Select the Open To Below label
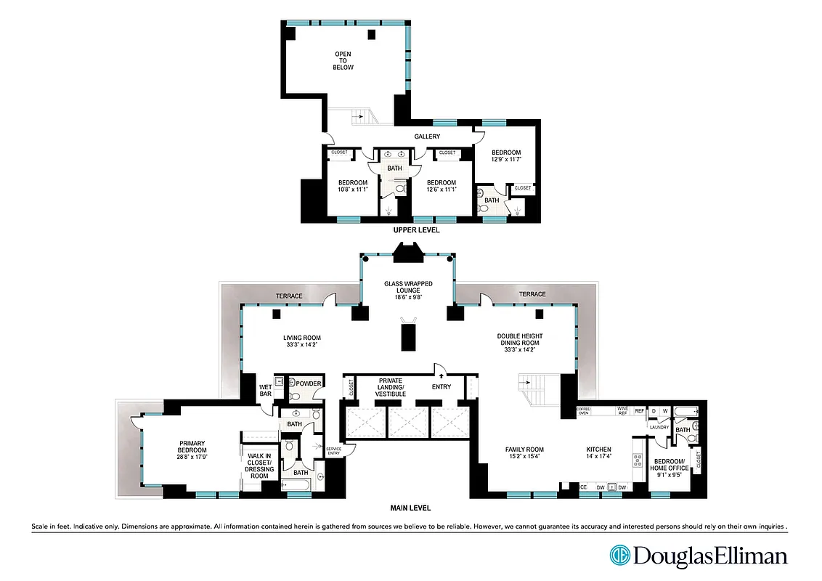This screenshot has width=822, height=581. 343,61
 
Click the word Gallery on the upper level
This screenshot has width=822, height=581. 427,137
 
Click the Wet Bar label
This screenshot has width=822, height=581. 266,391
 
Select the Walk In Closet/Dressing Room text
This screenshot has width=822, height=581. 260,466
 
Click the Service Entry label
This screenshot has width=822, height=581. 333,451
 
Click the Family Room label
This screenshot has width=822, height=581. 524,450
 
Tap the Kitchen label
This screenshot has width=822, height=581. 599,450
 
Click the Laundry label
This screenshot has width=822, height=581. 659,427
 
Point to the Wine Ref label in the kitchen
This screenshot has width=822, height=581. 622,411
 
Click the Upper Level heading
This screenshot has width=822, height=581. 416,229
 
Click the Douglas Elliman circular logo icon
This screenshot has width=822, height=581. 620,556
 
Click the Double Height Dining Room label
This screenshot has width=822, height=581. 519,342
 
